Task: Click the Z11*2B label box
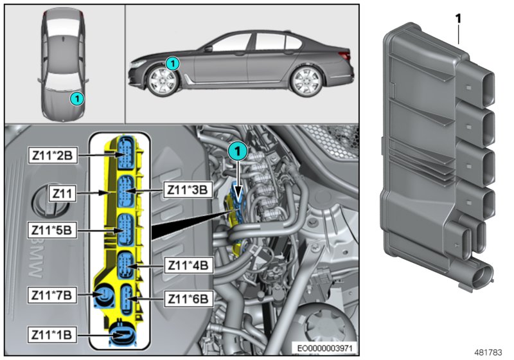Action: (53, 155)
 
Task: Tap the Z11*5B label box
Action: (53, 228)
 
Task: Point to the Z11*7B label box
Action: (53, 295)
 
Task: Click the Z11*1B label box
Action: (53, 334)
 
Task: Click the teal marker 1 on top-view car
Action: (76, 98)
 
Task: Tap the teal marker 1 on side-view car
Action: (172, 63)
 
